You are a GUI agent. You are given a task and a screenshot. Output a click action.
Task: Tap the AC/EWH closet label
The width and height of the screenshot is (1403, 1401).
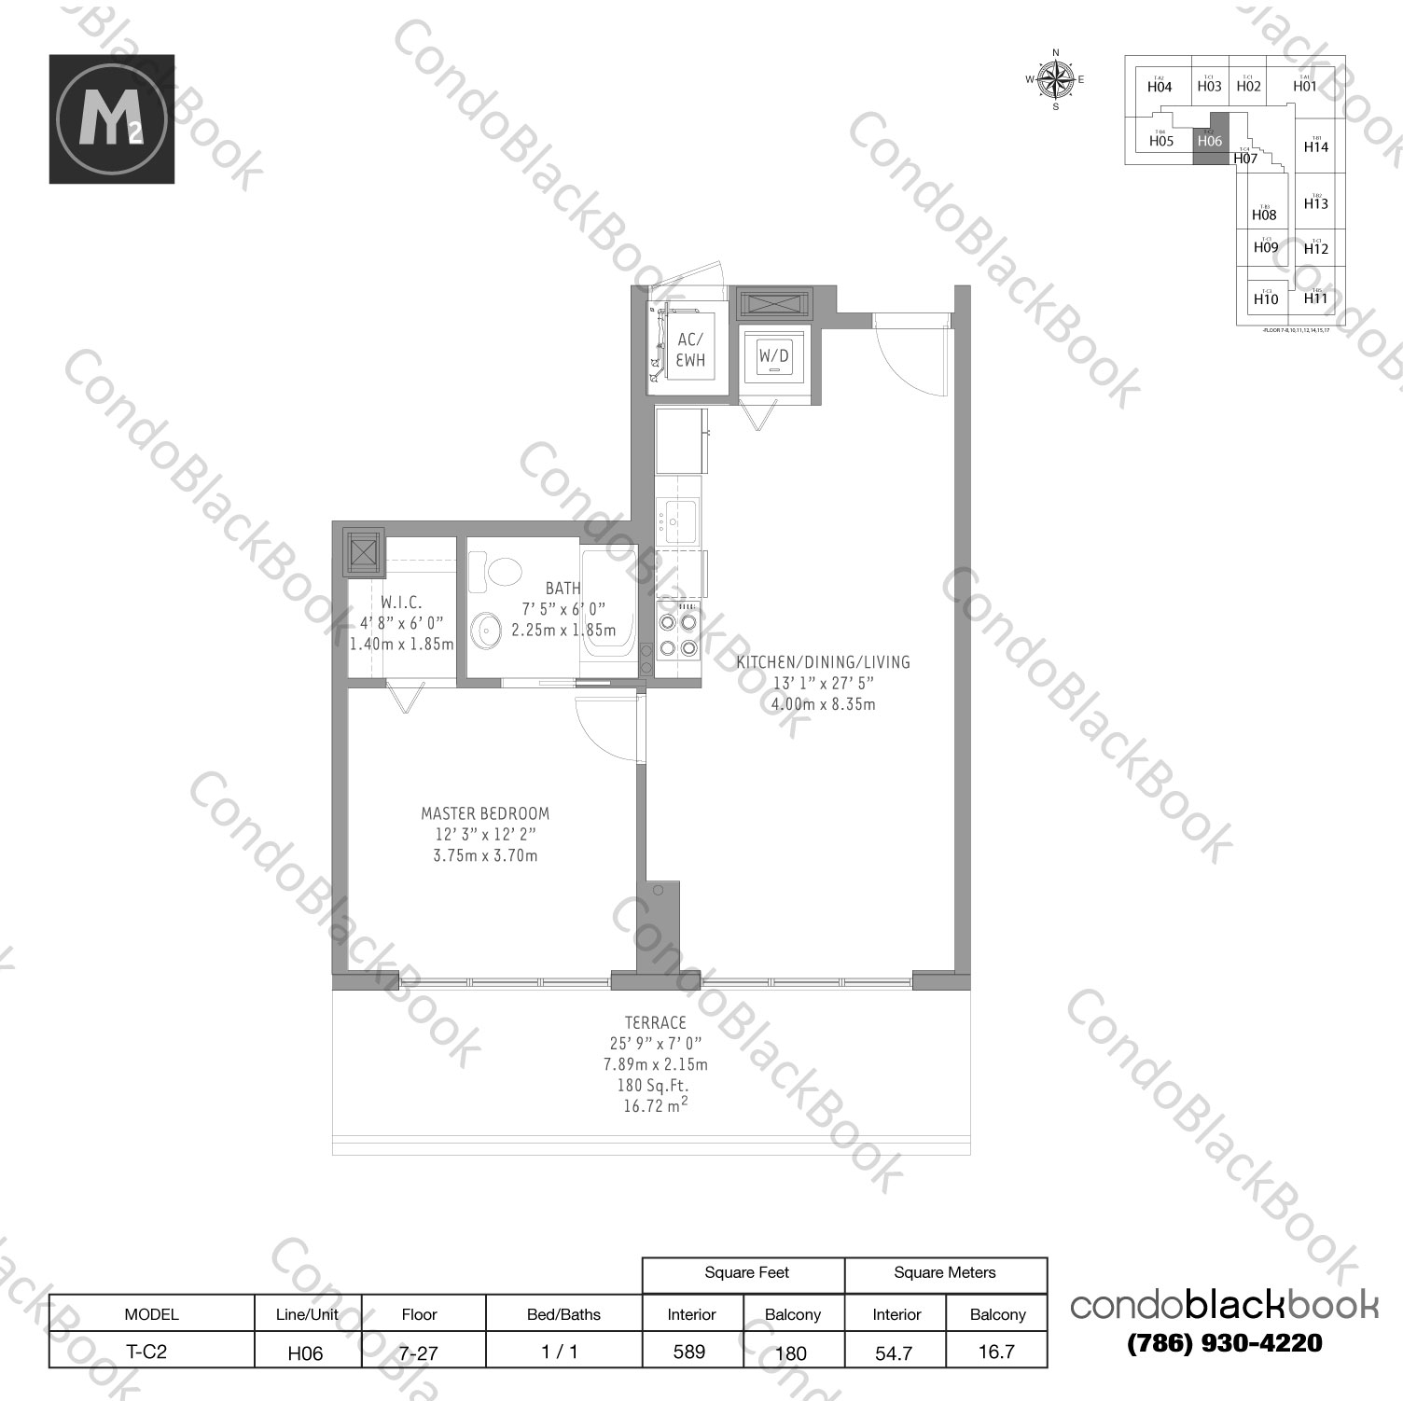pos(691,350)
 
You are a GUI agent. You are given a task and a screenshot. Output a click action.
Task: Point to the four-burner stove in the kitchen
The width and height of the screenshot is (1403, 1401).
pos(678,632)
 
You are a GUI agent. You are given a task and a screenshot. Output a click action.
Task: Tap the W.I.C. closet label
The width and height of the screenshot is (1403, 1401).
pos(401,603)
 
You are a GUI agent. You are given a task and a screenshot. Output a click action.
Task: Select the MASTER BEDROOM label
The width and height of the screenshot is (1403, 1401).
pos(485,813)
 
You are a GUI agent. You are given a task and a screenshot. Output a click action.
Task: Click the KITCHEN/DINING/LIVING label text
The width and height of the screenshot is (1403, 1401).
pos(823,662)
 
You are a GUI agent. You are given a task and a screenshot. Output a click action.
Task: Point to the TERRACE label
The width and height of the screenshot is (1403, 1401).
pos(657,1022)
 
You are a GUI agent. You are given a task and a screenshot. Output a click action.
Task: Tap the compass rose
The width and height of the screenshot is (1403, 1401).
pos(1056,80)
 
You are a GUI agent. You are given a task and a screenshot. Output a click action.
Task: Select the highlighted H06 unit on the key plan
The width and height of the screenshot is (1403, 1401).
pos(1209,142)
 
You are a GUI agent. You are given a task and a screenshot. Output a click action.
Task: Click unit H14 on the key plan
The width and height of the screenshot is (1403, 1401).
pos(1316,146)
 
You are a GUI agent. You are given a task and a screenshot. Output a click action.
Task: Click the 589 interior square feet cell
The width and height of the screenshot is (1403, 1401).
pos(690,1352)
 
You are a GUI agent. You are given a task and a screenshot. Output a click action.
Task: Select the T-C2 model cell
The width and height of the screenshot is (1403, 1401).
pos(151,1352)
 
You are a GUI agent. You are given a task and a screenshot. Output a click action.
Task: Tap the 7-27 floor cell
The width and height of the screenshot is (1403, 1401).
pos(420,1352)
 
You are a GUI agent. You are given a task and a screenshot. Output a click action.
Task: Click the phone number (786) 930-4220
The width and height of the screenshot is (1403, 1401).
pos(1225,1343)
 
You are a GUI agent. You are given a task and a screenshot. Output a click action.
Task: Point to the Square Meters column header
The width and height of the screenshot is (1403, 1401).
pos(945,1272)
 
